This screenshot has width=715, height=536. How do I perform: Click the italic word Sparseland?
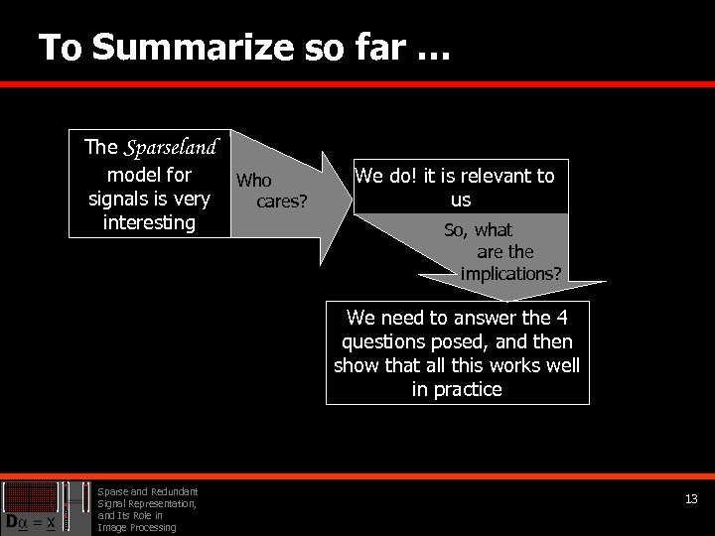pyautogui.click(x=170, y=148)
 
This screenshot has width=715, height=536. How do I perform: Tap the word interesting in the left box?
pyautogui.click(x=149, y=221)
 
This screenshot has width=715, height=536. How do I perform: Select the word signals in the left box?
pyautogui.click(x=118, y=199)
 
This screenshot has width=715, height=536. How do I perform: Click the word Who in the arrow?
pyautogui.click(x=253, y=181)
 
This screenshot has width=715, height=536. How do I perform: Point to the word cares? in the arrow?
pyautogui.click(x=282, y=202)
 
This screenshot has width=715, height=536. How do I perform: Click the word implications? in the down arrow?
pyautogui.click(x=510, y=272)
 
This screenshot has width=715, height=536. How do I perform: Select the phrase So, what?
pyautogui.click(x=478, y=230)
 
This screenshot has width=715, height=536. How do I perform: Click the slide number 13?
pyautogui.click(x=691, y=499)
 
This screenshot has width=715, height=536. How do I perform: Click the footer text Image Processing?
pyautogui.click(x=135, y=527)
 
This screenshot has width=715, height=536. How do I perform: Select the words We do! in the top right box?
pyautogui.click(x=386, y=176)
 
